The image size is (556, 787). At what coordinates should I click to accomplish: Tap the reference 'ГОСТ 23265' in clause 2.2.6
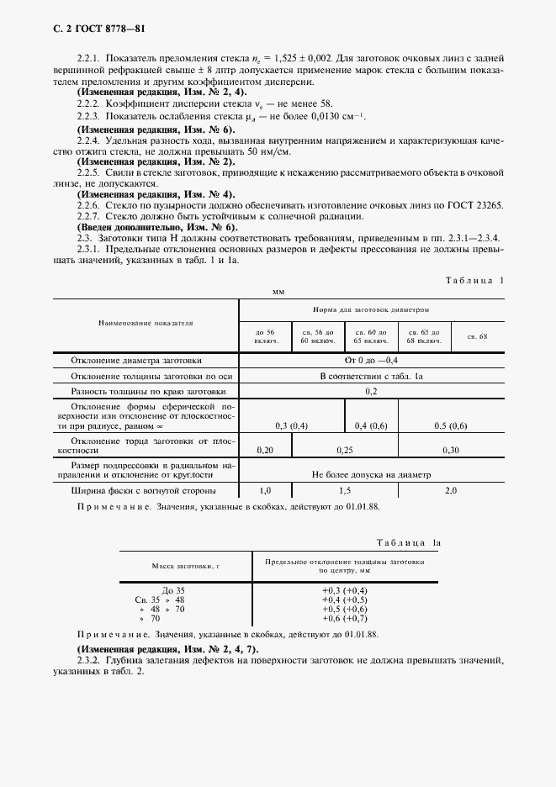click(x=476, y=204)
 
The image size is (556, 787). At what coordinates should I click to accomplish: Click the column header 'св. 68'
click(x=477, y=337)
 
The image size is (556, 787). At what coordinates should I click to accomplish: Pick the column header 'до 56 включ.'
click(x=265, y=337)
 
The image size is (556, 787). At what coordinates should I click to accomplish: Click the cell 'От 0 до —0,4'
click(x=371, y=361)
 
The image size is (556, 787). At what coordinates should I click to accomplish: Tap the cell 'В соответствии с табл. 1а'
click(x=371, y=376)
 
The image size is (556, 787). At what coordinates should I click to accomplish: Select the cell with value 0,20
click(x=265, y=451)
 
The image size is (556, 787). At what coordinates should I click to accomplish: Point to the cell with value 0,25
click(x=344, y=451)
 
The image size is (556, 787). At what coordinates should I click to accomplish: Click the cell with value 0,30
click(x=450, y=451)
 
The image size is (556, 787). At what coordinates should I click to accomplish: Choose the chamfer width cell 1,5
click(x=344, y=489)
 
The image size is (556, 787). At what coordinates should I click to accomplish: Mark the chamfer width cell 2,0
click(x=450, y=489)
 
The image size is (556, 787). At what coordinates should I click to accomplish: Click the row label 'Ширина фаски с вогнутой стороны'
click(x=144, y=489)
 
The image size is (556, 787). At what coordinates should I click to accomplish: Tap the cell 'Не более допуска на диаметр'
click(x=371, y=473)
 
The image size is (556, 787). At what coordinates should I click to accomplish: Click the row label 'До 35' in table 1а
click(x=172, y=590)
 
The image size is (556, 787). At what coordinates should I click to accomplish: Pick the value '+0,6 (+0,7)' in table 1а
click(x=344, y=618)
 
